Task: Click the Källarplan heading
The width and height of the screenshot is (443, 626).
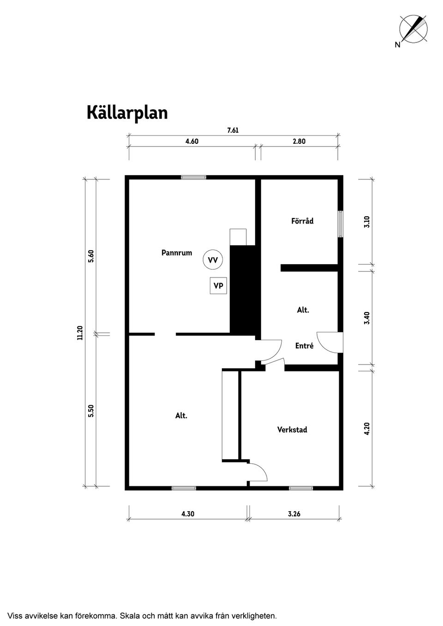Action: pyautogui.click(x=127, y=112)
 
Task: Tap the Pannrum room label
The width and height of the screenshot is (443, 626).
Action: pyautogui.click(x=176, y=253)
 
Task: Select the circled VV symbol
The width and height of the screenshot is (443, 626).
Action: pyautogui.click(x=213, y=260)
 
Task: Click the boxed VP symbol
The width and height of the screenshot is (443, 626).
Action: pyautogui.click(x=218, y=286)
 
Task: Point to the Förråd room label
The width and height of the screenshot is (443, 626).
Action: pyautogui.click(x=302, y=221)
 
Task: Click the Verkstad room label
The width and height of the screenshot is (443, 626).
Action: pyautogui.click(x=292, y=430)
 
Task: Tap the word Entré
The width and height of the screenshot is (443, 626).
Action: pyautogui.click(x=304, y=346)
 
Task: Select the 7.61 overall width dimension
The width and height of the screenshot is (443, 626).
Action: pyautogui.click(x=233, y=130)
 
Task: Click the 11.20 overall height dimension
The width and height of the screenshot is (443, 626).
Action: pyautogui.click(x=80, y=332)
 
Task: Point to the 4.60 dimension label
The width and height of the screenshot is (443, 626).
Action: pyautogui.click(x=192, y=142)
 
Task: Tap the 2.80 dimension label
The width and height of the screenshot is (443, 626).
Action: pyautogui.click(x=299, y=142)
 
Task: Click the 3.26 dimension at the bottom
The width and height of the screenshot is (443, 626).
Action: pyautogui.click(x=294, y=514)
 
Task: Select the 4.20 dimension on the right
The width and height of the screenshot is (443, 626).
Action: pyautogui.click(x=367, y=429)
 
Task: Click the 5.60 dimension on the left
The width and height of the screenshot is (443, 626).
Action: pyautogui.click(x=91, y=256)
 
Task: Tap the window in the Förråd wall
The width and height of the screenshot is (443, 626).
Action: pyautogui.click(x=341, y=224)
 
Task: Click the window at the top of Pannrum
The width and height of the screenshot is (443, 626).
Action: pyautogui.click(x=193, y=177)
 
